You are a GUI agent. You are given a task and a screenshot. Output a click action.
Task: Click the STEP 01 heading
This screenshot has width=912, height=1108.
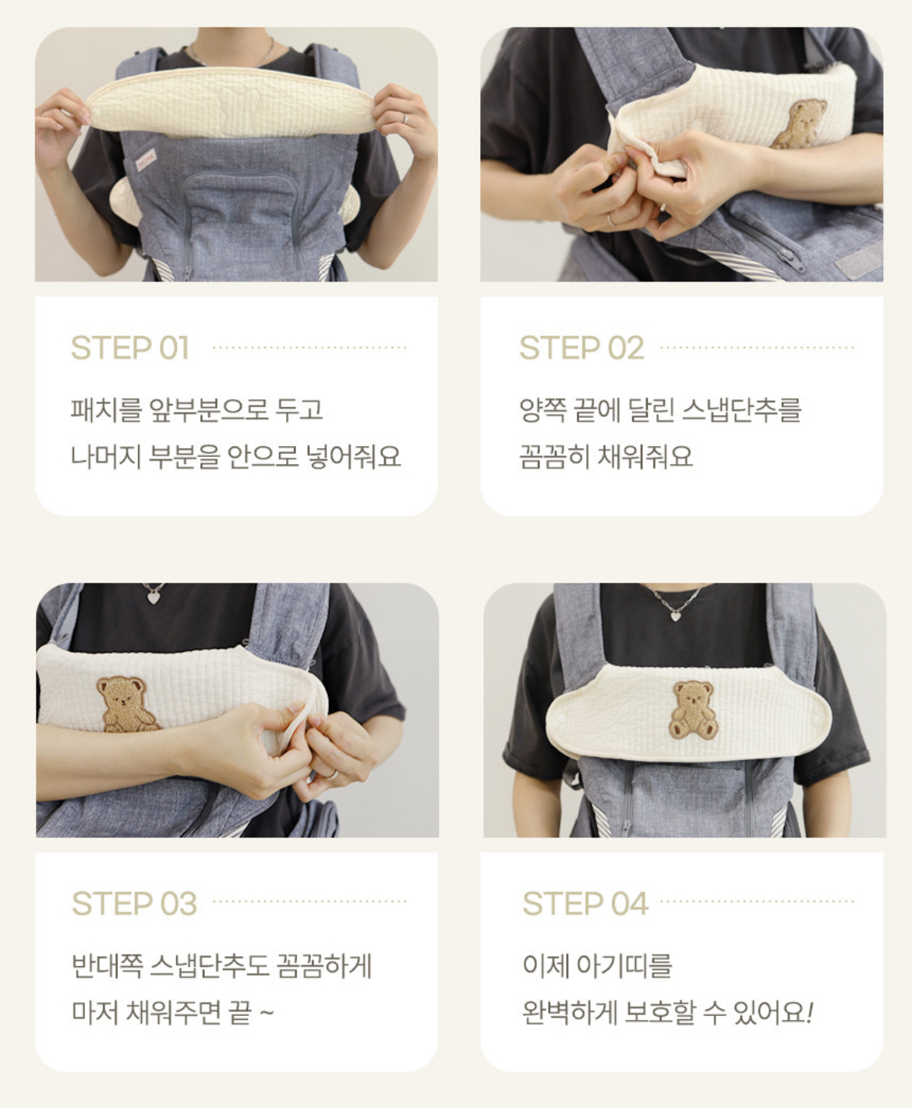click(129, 348)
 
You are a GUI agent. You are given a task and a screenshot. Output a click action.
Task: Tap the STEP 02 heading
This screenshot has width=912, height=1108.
click(581, 348)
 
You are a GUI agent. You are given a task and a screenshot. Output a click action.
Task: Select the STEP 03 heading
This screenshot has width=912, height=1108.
click(135, 903)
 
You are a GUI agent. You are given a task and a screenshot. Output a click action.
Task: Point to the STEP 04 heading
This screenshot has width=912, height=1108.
click(585, 903)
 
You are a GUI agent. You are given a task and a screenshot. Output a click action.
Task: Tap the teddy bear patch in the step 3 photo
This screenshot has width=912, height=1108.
click(125, 704)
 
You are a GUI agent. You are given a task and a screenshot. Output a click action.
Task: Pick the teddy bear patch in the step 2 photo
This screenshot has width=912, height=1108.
click(799, 123)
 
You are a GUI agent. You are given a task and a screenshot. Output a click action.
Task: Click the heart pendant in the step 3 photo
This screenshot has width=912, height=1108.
click(154, 596)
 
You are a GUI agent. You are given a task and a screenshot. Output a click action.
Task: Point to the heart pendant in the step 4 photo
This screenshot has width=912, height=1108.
click(676, 614)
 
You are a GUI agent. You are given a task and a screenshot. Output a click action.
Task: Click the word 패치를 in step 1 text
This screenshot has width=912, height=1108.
click(107, 410)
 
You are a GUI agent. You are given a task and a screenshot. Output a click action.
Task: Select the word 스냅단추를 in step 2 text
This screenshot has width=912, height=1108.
click(741, 410)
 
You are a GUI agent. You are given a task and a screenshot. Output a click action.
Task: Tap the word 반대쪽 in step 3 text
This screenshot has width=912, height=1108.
click(107, 965)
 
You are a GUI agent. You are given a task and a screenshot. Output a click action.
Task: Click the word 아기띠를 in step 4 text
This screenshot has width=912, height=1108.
click(624, 965)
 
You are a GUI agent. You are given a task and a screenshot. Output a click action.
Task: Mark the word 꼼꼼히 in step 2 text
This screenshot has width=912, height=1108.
click(554, 456)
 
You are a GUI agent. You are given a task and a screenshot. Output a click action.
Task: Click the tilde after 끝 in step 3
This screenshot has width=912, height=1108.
click(267, 1012)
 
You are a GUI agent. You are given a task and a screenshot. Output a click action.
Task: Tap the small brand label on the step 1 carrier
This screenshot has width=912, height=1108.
click(146, 160)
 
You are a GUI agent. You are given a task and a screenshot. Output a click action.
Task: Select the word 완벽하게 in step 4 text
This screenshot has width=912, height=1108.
click(570, 1012)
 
